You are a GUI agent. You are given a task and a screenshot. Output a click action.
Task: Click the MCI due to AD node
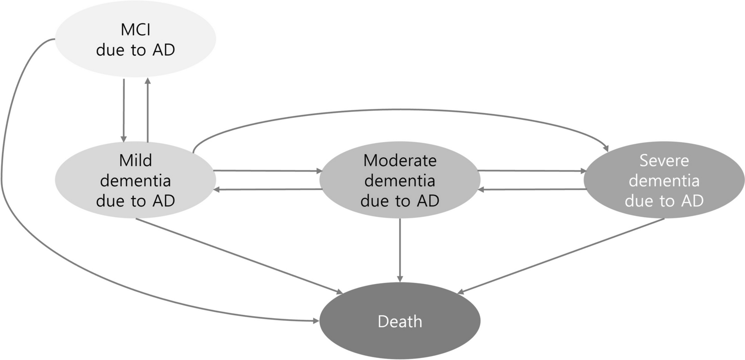[x=135, y=40]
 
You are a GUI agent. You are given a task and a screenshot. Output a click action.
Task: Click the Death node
[x=400, y=321]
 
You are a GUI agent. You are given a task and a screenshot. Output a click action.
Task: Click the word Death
[x=400, y=321]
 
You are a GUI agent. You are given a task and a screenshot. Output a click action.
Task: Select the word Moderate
[x=400, y=161]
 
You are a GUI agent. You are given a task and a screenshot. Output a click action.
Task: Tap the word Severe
[x=664, y=161]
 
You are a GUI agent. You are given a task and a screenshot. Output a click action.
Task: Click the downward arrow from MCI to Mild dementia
[x=123, y=109]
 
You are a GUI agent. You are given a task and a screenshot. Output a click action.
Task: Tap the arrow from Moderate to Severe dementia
[x=531, y=171]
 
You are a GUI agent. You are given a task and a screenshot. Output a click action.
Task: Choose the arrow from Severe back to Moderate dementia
[x=531, y=189]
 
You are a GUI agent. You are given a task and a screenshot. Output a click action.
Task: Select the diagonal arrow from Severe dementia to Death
[x=562, y=256]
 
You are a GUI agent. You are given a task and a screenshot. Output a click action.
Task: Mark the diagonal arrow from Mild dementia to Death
[x=239, y=256]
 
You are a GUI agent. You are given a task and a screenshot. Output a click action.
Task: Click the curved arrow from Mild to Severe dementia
[x=398, y=110]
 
